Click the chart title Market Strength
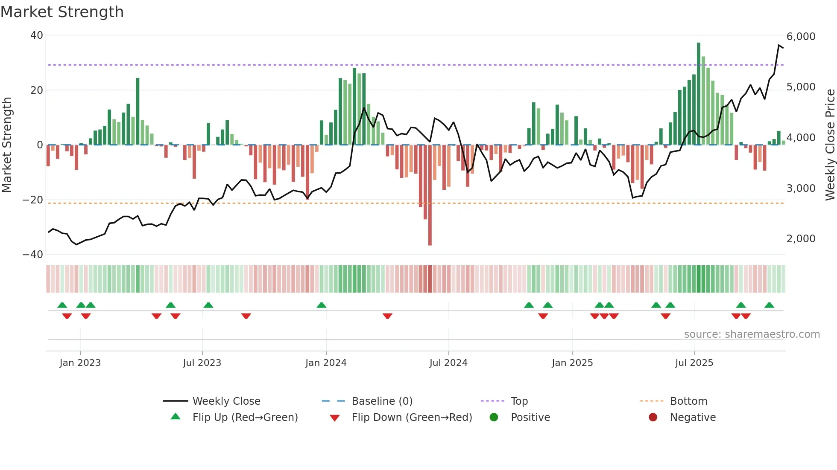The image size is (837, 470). click(62, 12)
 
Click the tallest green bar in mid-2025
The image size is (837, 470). click(699, 93)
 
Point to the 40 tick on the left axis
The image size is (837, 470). click(37, 35)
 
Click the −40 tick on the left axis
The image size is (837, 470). click(33, 255)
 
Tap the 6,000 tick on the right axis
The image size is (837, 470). click(801, 37)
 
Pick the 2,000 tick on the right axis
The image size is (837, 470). click(801, 239)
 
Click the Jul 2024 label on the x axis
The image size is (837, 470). click(448, 363)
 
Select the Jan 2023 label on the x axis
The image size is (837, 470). click(80, 363)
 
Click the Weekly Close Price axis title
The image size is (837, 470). click(830, 145)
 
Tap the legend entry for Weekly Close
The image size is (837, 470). click(226, 401)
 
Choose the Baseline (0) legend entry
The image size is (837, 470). click(382, 401)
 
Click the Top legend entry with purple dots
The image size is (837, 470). click(519, 401)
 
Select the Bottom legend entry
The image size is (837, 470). click(688, 401)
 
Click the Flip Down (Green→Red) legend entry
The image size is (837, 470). click(411, 418)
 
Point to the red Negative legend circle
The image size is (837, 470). click(653, 418)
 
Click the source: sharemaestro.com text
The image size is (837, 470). click(752, 334)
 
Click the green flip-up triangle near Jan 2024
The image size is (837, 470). click(322, 305)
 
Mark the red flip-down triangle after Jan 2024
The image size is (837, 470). click(387, 316)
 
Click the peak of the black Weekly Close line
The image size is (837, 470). click(779, 45)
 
